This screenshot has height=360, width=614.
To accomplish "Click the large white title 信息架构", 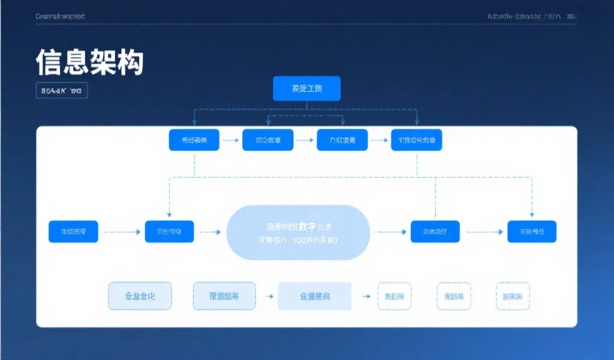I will click(x=90, y=62).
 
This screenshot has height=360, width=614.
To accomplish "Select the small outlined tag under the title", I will click(x=62, y=91).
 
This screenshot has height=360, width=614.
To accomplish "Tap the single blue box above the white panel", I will click(x=306, y=88).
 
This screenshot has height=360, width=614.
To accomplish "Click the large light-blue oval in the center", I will click(x=299, y=233).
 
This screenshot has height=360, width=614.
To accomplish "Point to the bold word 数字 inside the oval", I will click(x=308, y=227).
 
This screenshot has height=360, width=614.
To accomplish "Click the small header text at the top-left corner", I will click(x=61, y=16).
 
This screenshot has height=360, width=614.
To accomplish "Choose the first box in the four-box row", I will click(x=194, y=140).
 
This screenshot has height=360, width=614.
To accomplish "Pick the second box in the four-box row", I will click(x=268, y=140).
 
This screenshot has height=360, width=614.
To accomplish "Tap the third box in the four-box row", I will click(x=342, y=140).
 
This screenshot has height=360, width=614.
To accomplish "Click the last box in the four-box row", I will click(x=416, y=140).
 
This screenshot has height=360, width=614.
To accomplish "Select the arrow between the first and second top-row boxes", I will click(x=230, y=140).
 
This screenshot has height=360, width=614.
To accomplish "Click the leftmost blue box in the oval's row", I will click(x=73, y=232).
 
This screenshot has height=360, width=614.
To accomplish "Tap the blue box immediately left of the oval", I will click(x=169, y=232).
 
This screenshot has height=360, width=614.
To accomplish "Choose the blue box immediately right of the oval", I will click(x=435, y=232).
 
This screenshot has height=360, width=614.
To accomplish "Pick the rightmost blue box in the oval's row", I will click(x=532, y=232).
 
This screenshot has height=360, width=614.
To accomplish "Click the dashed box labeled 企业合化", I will click(x=140, y=296).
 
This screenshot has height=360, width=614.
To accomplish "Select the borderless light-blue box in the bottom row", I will click(x=315, y=296).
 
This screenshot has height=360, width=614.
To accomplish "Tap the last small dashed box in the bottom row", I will click(x=513, y=296).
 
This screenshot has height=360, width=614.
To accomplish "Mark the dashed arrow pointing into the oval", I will click(x=210, y=232).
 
